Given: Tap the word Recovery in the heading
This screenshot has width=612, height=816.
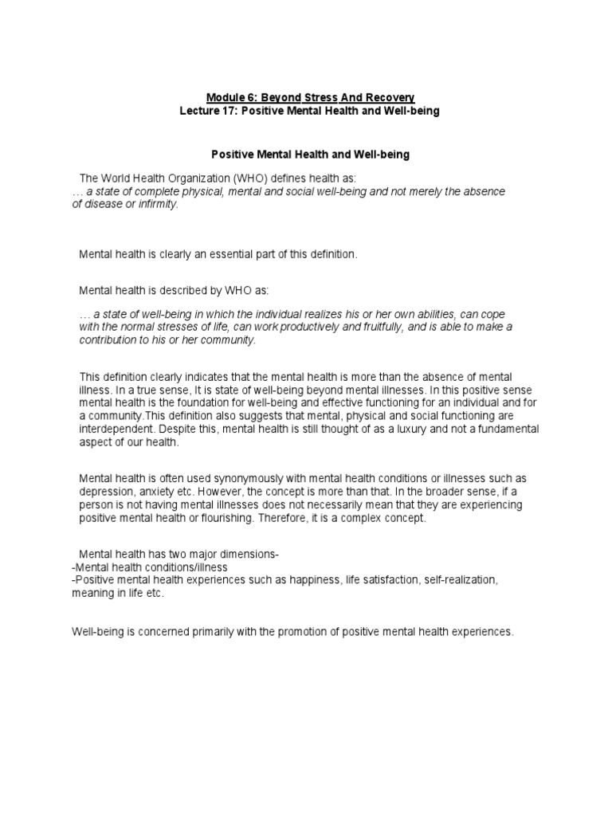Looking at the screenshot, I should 389,97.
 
